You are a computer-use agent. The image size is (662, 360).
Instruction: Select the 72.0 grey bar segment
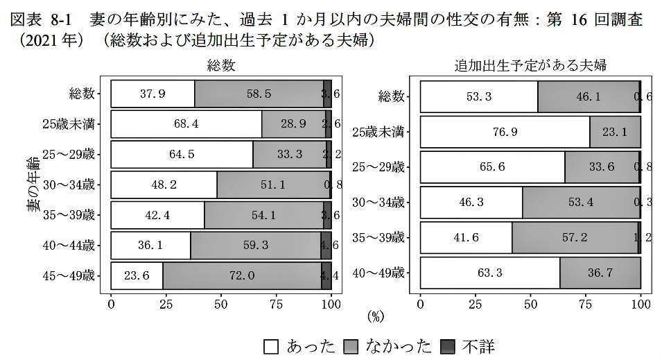(242, 275)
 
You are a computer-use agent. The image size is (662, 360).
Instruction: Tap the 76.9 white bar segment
(505, 131)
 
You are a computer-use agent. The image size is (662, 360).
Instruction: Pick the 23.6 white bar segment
(137, 275)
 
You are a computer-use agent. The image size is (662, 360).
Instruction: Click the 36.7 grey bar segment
(600, 273)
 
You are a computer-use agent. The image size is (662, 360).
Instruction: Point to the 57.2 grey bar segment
(575, 237)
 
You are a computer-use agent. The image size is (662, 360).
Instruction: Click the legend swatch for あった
(272, 346)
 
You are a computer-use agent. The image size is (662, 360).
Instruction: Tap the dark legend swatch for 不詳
(449, 346)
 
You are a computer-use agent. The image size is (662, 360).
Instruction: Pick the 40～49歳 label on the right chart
(378, 273)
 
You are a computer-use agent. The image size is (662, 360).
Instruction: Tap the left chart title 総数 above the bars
(221, 66)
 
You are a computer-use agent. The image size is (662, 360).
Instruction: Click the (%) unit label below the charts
(375, 317)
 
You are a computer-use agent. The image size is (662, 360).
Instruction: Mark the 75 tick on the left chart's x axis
(276, 303)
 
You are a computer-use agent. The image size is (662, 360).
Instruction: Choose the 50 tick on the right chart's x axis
(530, 303)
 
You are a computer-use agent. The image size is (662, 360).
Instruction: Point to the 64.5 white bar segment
(182, 155)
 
